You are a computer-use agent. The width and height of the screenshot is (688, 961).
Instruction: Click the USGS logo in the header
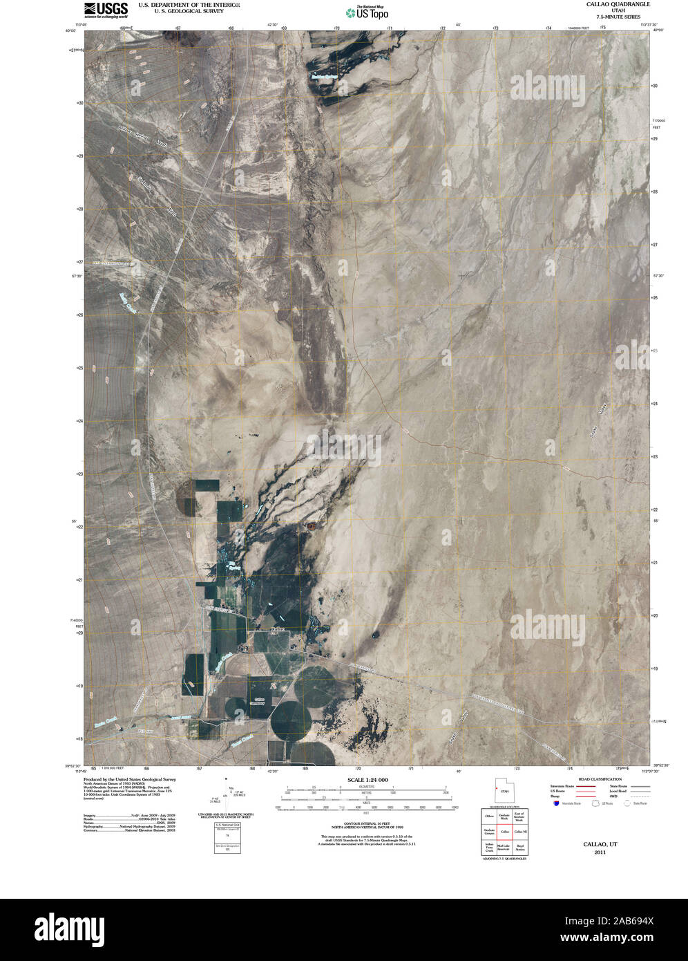pyautogui.click(x=106, y=9)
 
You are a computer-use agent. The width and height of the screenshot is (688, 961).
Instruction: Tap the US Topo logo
pyautogui.click(x=366, y=12)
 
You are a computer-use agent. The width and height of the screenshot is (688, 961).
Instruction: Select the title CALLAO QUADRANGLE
pyautogui.click(x=608, y=4)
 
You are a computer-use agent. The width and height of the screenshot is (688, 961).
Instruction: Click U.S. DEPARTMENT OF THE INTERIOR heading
pyautogui.click(x=189, y=4)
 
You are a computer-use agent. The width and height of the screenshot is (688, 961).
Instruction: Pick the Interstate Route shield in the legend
pyautogui.click(x=556, y=803)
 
